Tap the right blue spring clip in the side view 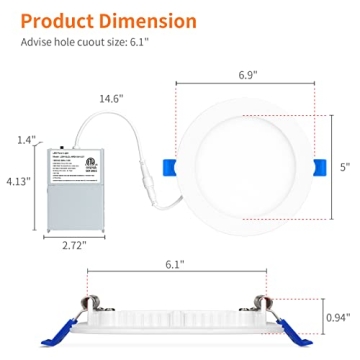(290, 331)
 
